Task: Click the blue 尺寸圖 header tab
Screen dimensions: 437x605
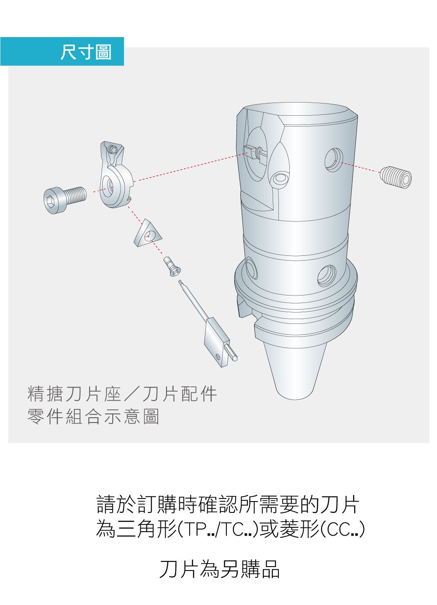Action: tap(62, 52)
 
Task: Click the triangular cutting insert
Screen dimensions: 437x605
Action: tap(148, 233)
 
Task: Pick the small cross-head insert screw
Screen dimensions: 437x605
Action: tap(172, 267)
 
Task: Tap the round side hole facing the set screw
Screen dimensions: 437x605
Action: tap(334, 160)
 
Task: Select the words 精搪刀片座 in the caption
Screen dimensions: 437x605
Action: tap(74, 394)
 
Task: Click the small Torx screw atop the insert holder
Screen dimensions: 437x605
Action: tap(112, 149)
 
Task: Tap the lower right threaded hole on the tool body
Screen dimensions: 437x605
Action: tap(327, 276)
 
